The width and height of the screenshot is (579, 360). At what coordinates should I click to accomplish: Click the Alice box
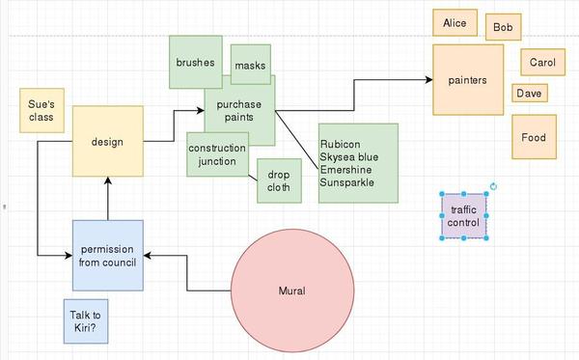[455, 22]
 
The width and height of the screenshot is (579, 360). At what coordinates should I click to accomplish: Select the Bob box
[503, 28]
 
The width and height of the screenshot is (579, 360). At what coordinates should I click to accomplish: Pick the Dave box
[529, 94]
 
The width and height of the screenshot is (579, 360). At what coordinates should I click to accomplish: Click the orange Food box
[534, 137]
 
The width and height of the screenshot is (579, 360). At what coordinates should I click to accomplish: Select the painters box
[467, 80]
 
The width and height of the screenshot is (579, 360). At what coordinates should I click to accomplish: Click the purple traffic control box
[463, 216]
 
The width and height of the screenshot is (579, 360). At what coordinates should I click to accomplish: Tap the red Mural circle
[291, 290]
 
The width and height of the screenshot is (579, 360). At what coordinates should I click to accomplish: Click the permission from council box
[108, 255]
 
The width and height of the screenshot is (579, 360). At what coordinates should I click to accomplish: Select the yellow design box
[107, 142]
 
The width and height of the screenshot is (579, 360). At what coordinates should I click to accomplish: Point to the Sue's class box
[41, 110]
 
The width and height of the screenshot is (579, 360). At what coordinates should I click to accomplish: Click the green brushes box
[195, 62]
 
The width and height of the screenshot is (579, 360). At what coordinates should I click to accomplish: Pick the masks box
[250, 66]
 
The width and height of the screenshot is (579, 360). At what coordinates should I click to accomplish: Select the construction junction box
[217, 154]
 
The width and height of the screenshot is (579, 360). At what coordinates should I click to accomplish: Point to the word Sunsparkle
[347, 182]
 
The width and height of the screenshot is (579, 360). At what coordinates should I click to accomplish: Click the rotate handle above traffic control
[493, 186]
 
